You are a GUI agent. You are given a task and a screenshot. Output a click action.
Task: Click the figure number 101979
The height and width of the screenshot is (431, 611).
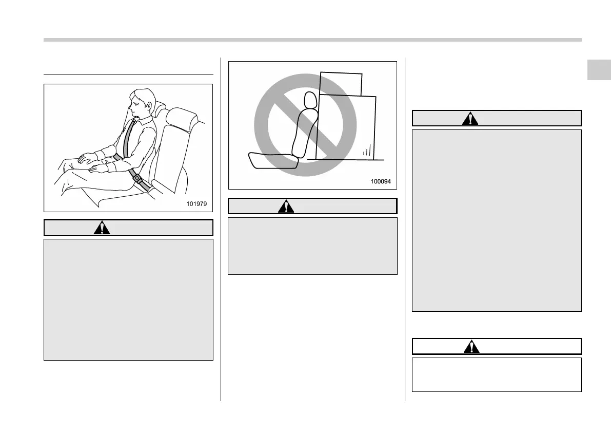pyautogui.click(x=196, y=204)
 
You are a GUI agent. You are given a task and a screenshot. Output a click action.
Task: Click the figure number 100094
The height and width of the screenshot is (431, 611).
pyautogui.click(x=380, y=181)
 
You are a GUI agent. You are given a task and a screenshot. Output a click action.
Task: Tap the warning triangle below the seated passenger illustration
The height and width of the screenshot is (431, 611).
pyautogui.click(x=102, y=228)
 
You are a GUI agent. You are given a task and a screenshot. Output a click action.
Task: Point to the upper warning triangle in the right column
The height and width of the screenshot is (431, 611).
pyautogui.click(x=469, y=118)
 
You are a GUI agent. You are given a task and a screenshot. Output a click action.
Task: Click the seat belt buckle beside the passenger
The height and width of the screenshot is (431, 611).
pyautogui.click(x=137, y=179)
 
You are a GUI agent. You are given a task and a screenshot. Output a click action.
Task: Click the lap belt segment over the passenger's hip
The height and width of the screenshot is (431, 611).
pyautogui.click(x=118, y=157)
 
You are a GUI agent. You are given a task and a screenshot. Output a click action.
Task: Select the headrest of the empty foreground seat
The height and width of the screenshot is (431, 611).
pyautogui.click(x=181, y=119)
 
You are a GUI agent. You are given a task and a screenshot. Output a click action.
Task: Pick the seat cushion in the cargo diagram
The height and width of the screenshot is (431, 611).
pyautogui.click(x=272, y=160)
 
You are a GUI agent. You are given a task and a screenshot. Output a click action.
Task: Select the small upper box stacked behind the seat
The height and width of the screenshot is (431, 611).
pyautogui.click(x=341, y=83)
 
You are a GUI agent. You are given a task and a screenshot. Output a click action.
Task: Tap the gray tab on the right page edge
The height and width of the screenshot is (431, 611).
pyautogui.click(x=599, y=69)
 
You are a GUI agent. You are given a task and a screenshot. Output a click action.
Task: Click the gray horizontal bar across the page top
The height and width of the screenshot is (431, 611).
pyautogui.click(x=312, y=40)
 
